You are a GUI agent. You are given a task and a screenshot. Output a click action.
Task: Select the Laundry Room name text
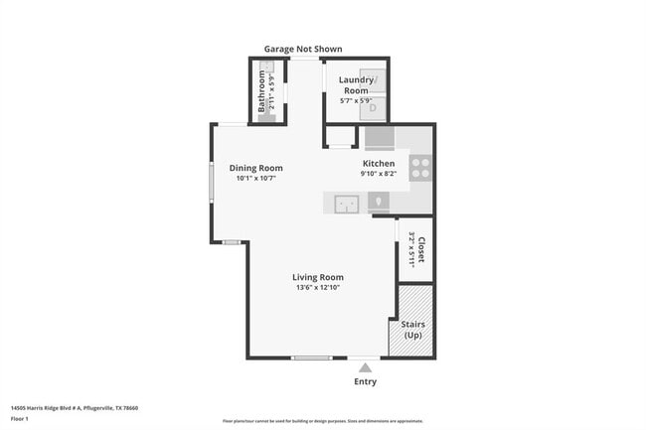point(356,84)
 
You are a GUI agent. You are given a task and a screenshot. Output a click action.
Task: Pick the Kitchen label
point(378,163)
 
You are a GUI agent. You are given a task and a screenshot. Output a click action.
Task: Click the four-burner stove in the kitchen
point(420,168)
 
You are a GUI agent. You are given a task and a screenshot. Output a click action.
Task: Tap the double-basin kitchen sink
point(346,204)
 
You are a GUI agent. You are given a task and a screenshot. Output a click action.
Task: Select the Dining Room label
point(255,168)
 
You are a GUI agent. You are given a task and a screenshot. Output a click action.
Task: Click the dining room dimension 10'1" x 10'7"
point(255,179)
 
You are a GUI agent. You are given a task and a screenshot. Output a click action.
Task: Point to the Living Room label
point(317,277)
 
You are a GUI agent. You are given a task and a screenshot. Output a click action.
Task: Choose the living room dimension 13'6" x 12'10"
point(317,288)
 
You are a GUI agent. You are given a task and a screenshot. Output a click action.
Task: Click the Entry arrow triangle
point(365,367)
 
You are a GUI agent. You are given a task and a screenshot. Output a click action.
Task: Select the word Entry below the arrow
point(365,381)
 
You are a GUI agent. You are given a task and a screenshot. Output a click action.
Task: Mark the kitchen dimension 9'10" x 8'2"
point(378,174)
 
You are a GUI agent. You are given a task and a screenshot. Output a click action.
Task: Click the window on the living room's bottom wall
point(311,358)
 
